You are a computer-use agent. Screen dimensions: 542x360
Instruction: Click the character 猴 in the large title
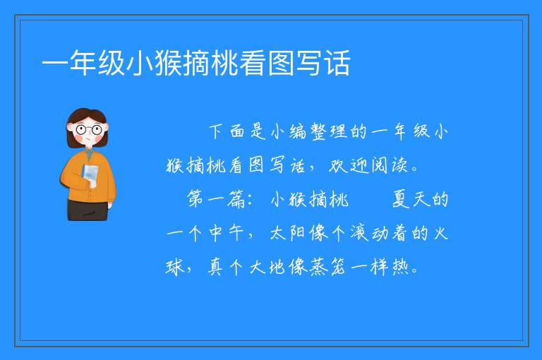point(168,63)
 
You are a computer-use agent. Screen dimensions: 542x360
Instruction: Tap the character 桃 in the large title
point(224,63)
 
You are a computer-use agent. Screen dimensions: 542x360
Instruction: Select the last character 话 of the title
point(337,63)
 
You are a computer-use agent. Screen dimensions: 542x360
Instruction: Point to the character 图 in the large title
point(281,63)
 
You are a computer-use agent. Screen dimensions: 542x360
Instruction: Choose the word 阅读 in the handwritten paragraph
point(390,165)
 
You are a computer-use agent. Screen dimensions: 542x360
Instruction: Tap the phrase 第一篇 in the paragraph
point(216,199)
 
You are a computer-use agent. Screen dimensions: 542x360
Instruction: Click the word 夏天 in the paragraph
point(410,199)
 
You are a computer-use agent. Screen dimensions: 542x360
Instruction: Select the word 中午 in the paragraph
point(226,233)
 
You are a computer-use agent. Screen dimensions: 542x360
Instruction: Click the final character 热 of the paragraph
point(400,267)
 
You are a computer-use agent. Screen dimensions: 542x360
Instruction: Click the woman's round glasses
point(89,130)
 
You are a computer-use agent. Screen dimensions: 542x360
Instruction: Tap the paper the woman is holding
point(90,174)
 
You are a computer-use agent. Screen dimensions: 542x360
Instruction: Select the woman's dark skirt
point(88,210)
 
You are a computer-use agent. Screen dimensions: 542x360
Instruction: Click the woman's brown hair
point(86,115)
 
